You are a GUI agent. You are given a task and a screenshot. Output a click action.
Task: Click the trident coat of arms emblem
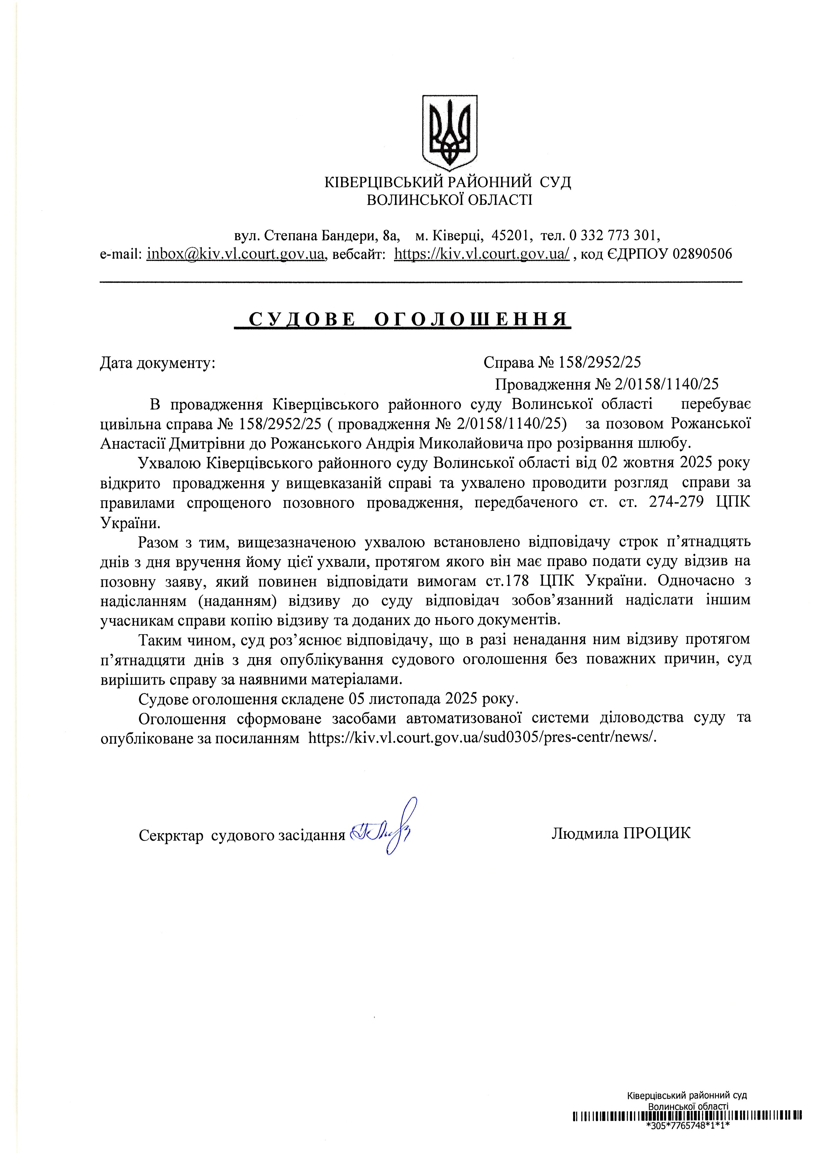450,131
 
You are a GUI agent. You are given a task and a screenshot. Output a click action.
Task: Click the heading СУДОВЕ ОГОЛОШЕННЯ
403,319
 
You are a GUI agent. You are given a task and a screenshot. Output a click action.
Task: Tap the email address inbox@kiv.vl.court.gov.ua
236,254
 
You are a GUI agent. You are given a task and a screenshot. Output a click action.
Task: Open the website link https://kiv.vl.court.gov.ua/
481,254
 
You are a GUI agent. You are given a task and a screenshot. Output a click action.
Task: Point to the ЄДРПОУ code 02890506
702,254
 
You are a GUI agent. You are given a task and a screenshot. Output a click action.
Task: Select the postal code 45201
510,235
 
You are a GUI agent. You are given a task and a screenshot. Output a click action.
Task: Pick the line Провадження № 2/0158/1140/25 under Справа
607,384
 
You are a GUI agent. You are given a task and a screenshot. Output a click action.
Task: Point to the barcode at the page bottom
687,1127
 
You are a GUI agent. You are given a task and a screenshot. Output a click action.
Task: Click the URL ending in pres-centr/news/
481,738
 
